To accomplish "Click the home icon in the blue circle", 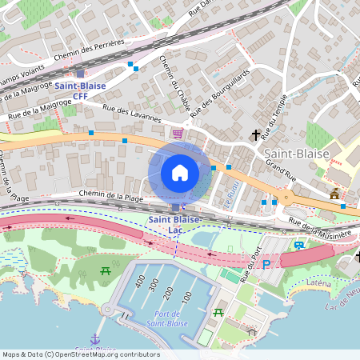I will pos(180,173).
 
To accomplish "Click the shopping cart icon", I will pos(178,134).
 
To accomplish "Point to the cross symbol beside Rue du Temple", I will pos(257,135).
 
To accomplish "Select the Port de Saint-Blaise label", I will pos(167,318).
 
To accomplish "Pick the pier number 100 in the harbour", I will pos(187,298).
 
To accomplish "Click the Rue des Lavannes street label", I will pos(128,113).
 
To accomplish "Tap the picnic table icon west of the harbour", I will pos(106,271).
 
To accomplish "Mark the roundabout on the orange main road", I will pos(285,198).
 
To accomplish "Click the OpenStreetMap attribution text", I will pos(80,354).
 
